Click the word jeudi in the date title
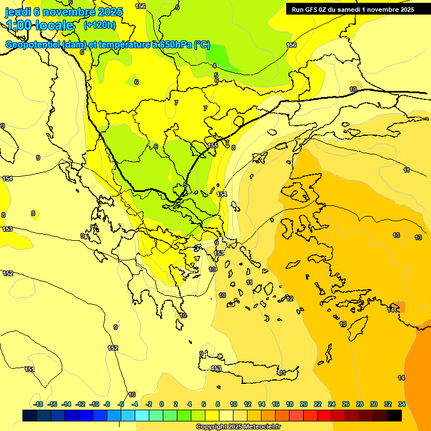(x=17, y=11)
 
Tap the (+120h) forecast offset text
(x=99, y=25)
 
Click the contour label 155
(x=213, y=146)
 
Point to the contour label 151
(x=29, y=369)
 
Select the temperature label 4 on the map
(x=214, y=66)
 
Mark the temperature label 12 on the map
(x=290, y=299)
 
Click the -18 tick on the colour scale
(x=39, y=404)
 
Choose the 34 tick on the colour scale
(x=402, y=404)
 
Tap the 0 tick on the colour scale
(x=162, y=404)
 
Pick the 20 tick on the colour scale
(x=304, y=404)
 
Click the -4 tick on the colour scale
(x=135, y=404)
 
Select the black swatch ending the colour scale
(x=395, y=415)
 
